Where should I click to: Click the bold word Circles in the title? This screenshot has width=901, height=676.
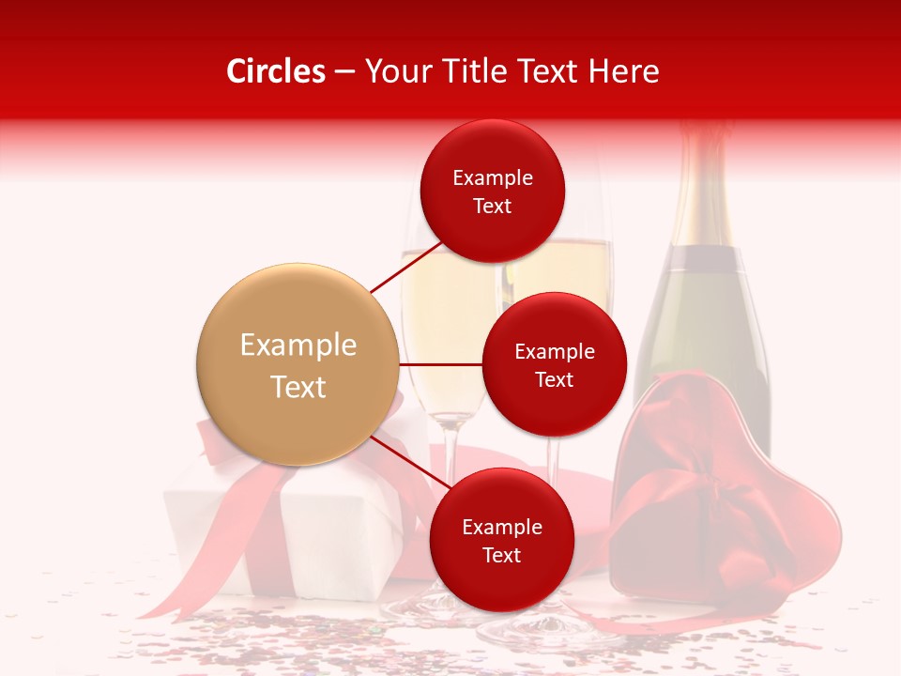point(275,71)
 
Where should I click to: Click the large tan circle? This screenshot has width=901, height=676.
point(298,364)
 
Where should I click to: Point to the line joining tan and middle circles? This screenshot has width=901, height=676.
point(440,364)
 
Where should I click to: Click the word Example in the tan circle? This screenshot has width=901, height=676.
point(298,345)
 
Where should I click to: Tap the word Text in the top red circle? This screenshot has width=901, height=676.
point(493,207)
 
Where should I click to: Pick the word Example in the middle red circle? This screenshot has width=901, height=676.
point(554,352)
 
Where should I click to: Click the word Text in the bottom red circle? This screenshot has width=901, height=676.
point(501,555)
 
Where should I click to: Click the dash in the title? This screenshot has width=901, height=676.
point(344,72)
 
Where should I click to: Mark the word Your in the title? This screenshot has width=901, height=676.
point(397,71)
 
